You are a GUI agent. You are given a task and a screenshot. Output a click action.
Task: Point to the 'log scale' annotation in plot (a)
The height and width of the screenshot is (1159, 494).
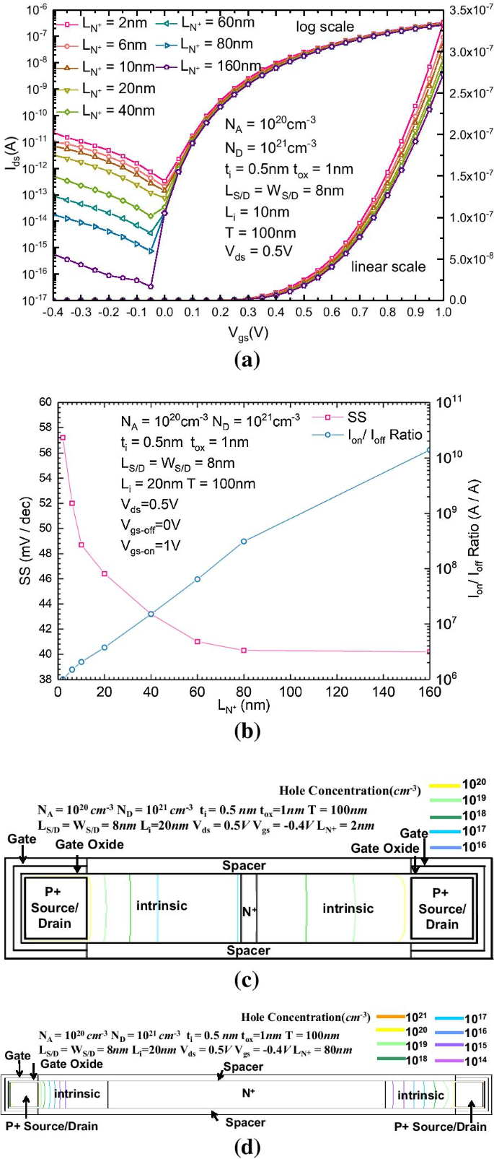[325, 27]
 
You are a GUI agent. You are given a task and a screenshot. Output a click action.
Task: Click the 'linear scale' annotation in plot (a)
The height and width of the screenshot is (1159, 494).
[388, 267]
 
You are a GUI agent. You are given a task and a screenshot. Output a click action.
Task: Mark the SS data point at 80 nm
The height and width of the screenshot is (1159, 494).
[244, 650]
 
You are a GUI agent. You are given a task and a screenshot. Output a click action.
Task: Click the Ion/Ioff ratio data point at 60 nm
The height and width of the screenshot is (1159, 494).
[197, 579]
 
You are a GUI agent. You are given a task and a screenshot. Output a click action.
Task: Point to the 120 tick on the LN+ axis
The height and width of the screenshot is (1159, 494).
[336, 692]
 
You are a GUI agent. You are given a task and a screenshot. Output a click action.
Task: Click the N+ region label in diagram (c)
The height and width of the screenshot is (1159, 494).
[249, 912]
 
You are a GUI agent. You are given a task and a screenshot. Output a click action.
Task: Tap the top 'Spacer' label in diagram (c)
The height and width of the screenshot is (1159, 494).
[244, 865]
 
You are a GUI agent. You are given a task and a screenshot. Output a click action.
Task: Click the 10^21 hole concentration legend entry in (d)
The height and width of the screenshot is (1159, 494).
[401, 1017]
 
